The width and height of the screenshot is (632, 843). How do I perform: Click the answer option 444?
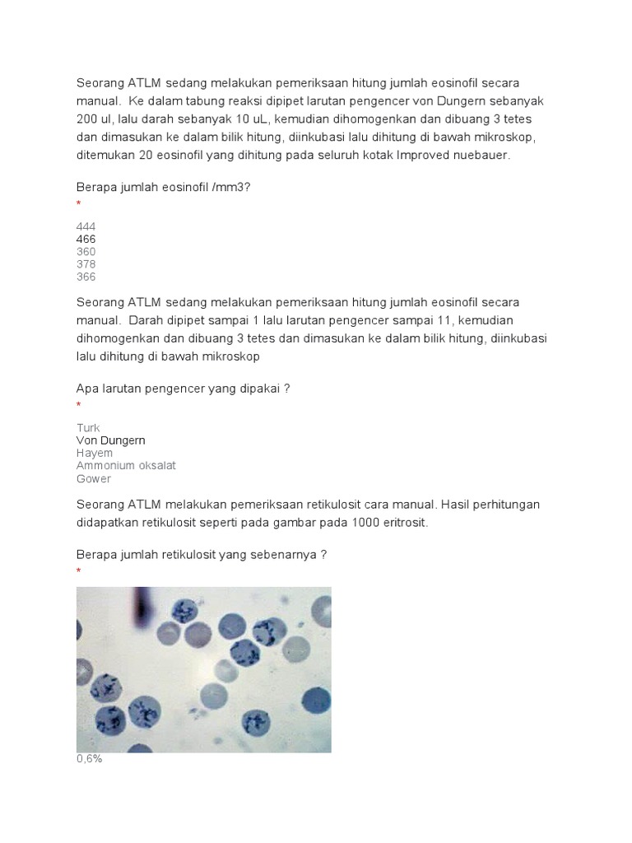[x=86, y=226]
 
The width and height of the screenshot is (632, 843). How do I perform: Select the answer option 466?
[x=86, y=239]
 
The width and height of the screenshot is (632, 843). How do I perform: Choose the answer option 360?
[x=86, y=252]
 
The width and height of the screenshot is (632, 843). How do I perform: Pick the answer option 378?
[x=86, y=264]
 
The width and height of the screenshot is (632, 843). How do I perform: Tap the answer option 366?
[x=86, y=277]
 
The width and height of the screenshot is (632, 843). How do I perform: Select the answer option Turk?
[x=88, y=428]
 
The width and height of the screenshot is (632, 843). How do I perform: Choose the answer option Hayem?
[x=95, y=453]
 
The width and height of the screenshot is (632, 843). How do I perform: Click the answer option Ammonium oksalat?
[x=126, y=466]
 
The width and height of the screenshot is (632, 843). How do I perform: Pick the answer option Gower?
[x=94, y=478]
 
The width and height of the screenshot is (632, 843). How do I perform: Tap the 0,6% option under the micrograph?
[x=89, y=759]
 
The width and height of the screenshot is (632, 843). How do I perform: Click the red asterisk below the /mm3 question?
[x=79, y=203]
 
